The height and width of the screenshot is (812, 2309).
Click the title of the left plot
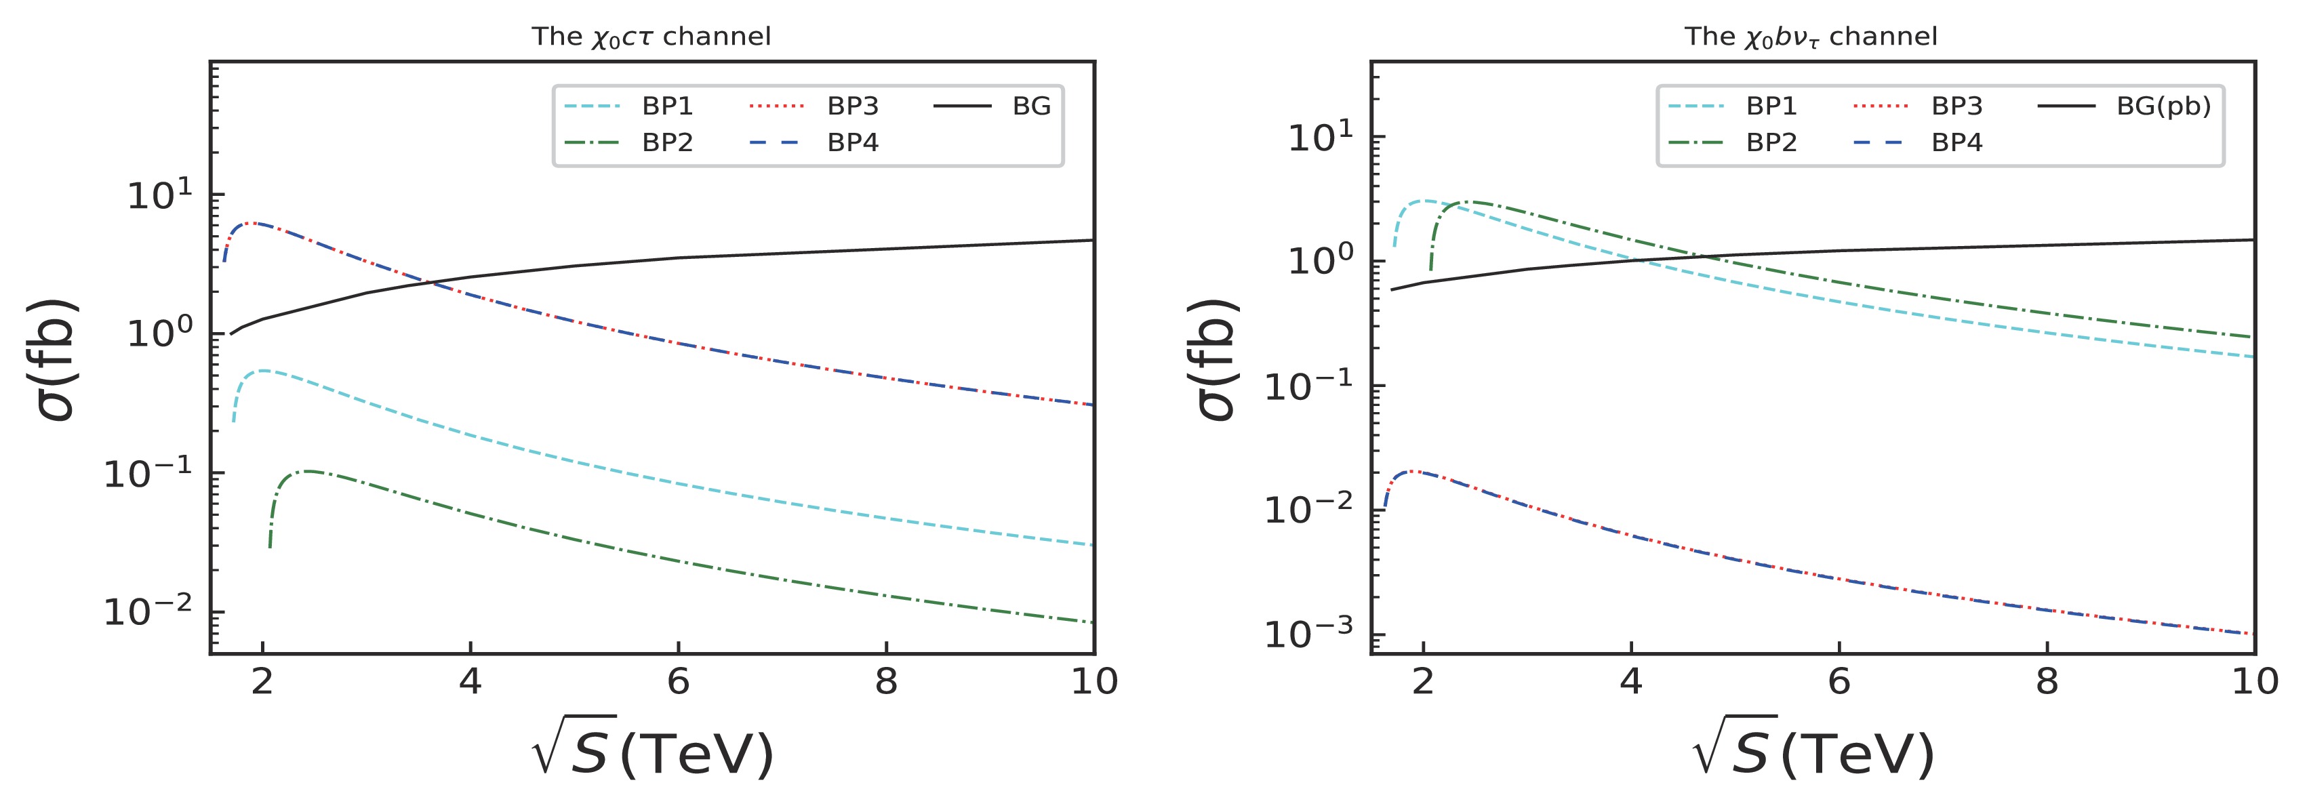651,37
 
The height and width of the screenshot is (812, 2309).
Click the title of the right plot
1811,37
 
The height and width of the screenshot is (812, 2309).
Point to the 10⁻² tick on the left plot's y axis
148,612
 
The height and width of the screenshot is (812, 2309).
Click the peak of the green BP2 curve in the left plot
308,470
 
